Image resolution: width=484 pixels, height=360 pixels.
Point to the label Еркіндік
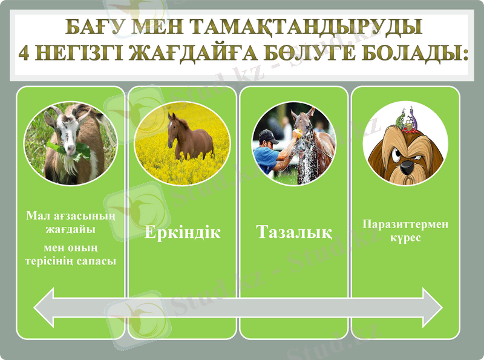(x=182, y=232)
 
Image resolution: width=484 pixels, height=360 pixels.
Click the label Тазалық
(x=293, y=232)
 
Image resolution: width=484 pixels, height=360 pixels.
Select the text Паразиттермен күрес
(x=405, y=231)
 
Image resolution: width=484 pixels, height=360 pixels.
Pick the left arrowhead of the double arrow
(x=48, y=307)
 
